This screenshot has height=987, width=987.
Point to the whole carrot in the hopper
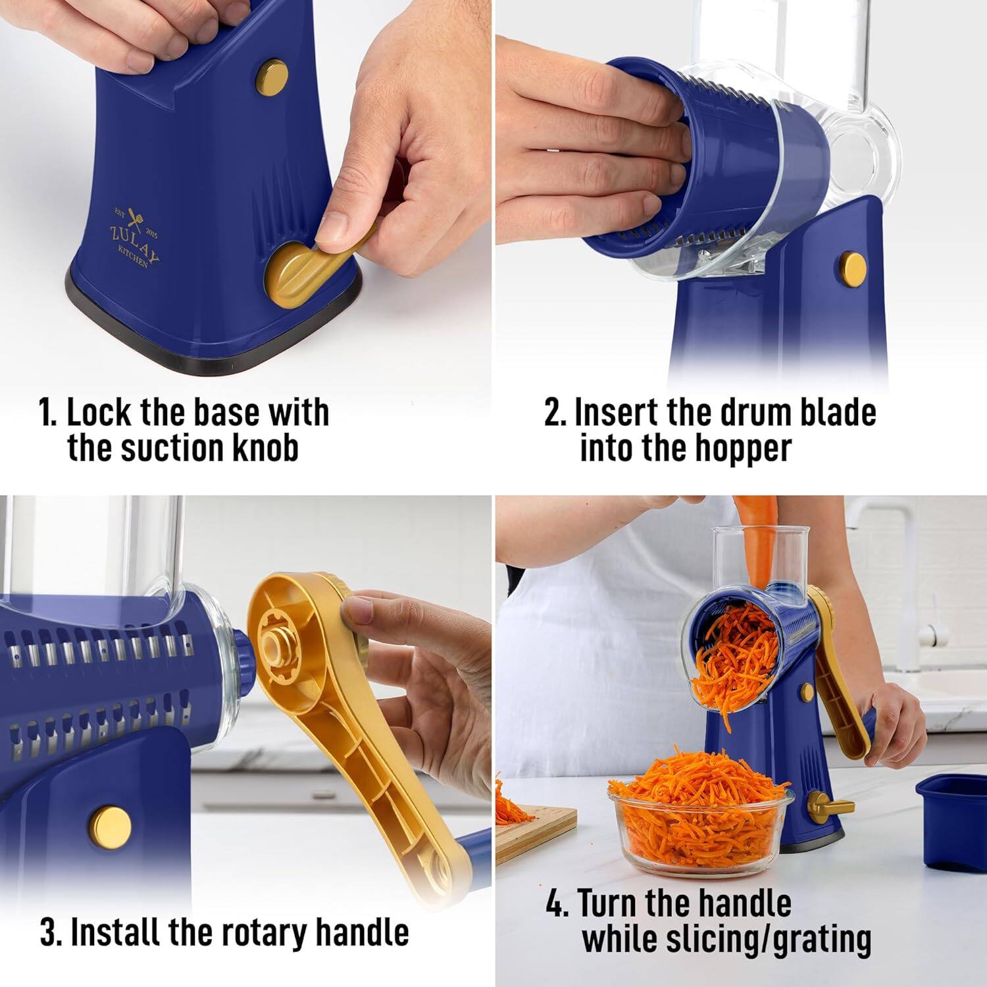point(757,533)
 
